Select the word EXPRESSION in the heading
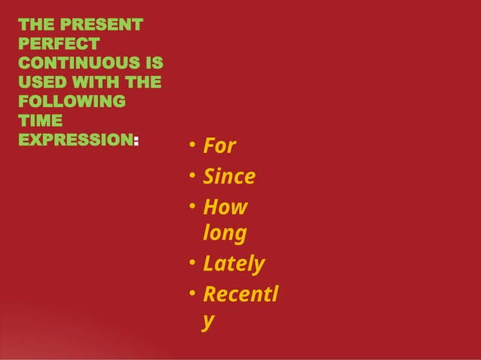coord(75,139)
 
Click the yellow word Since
coord(229,177)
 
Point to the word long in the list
coord(224,234)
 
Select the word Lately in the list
coord(234,264)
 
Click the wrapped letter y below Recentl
coord(208,322)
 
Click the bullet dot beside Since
coord(192,176)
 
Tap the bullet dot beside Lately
coord(192,263)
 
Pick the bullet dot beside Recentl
coord(192,292)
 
